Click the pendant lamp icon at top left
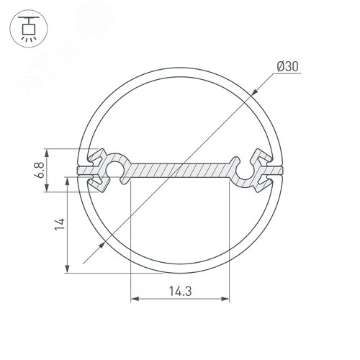pyautogui.click(x=28, y=28)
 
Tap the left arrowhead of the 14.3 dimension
pyautogui.click(x=133, y=297)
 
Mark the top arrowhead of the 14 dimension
pyautogui.click(x=67, y=176)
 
